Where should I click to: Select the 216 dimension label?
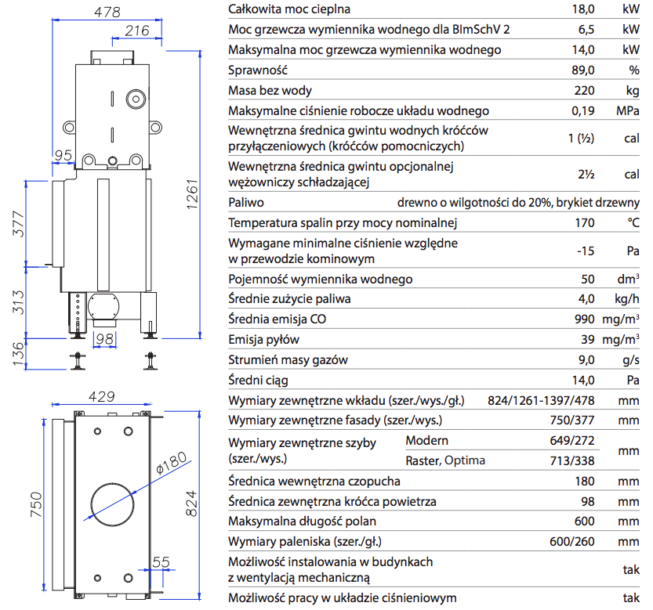point(136,31)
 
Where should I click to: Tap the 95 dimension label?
point(63,153)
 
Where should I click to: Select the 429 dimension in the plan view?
point(103,397)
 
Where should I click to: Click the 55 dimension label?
point(161,561)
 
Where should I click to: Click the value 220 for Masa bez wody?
point(583,91)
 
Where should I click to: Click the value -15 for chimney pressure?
point(585,251)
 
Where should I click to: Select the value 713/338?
point(572,460)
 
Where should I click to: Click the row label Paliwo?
point(246,202)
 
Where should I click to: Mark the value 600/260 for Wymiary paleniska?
point(571,542)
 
